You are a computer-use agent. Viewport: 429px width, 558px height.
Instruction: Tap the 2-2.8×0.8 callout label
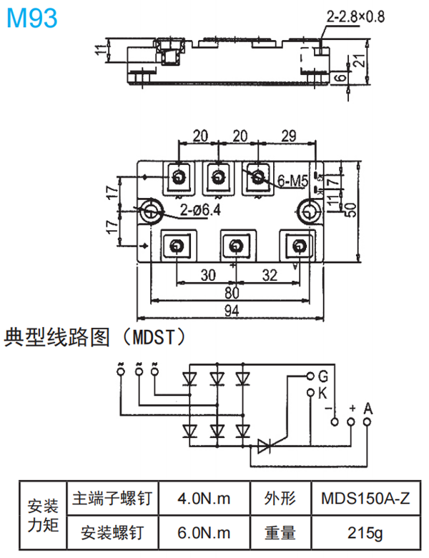(x=355, y=16)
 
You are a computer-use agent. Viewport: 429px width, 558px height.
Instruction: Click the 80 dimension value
(x=232, y=293)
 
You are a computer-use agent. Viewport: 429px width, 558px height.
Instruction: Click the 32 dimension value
(x=270, y=274)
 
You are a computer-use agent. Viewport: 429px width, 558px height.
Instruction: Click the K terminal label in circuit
(x=322, y=393)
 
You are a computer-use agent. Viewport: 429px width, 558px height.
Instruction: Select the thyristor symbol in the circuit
(x=265, y=447)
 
